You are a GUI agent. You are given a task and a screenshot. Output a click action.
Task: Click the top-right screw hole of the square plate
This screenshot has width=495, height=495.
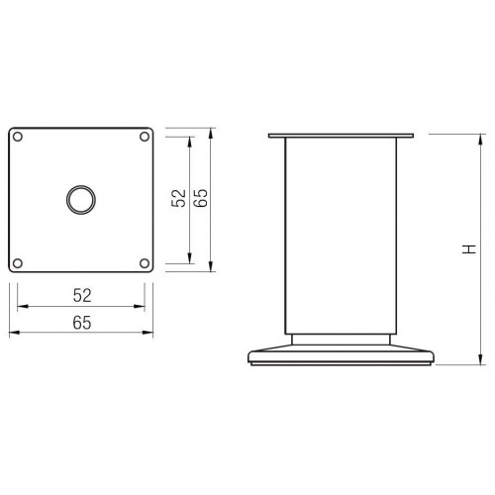[145, 136]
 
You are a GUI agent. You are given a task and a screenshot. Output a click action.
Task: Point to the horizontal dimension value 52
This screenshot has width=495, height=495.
[82, 295]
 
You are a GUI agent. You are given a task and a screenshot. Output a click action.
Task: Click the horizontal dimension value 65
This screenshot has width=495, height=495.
[82, 323]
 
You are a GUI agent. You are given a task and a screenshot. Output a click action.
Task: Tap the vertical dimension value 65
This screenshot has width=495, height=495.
[200, 198]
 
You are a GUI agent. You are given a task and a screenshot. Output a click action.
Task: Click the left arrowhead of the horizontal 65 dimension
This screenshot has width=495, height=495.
[15, 334]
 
